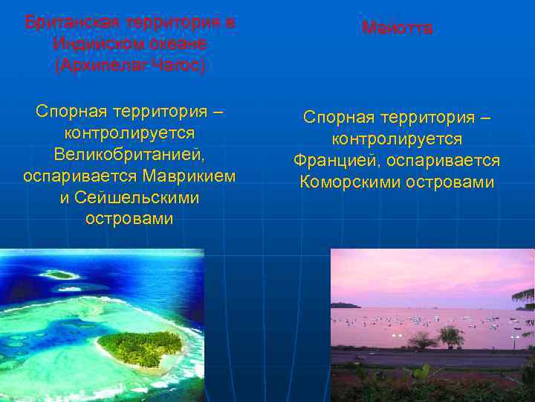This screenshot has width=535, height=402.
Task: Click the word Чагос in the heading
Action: click(178, 65)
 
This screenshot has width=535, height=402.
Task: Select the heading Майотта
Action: click(397, 28)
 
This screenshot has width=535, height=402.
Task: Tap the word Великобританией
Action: click(129, 155)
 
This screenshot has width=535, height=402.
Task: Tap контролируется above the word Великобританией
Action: click(129, 133)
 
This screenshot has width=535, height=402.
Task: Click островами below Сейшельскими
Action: click(129, 220)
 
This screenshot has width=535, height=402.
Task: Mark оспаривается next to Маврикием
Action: click(80, 176)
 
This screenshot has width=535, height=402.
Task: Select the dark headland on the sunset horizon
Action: click(345, 304)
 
